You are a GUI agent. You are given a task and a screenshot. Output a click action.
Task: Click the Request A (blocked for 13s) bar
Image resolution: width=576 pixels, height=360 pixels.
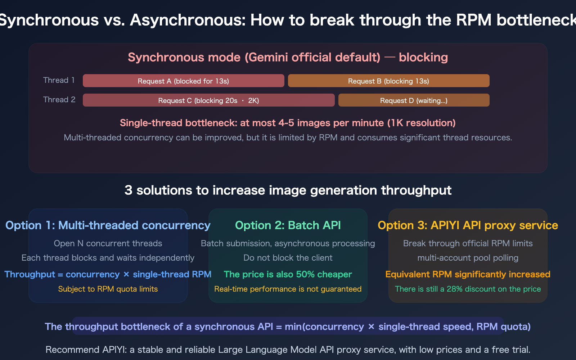183,81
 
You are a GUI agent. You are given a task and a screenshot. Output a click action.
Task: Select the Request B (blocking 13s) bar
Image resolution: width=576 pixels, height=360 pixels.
388,81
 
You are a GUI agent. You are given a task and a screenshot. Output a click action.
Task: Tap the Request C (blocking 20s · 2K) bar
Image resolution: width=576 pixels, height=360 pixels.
208,100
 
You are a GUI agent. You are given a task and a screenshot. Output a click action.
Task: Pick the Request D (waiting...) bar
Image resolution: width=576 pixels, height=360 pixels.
414,100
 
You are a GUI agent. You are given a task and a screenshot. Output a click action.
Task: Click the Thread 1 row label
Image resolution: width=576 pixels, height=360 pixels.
59,80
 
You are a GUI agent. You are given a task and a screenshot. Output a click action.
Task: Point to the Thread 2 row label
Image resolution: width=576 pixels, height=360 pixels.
59,100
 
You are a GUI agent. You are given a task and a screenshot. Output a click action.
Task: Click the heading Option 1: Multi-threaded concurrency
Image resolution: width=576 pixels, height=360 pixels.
108,225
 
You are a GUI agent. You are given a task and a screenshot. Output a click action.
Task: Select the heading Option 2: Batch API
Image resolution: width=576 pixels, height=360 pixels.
288,225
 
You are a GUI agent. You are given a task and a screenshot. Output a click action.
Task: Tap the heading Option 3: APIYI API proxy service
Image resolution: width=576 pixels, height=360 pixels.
468,225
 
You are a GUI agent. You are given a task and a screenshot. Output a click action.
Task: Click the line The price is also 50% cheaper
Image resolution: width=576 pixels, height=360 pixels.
288,274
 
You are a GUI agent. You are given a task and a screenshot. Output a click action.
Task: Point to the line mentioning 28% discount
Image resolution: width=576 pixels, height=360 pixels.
468,289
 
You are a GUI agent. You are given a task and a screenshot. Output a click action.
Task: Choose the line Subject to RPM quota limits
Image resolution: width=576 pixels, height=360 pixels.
108,289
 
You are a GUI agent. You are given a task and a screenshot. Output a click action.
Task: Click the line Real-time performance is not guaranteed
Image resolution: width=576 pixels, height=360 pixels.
288,289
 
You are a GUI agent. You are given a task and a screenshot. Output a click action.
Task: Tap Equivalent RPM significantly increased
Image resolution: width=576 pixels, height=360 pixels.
468,274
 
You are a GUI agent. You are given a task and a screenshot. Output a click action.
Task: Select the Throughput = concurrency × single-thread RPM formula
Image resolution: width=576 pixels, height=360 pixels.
108,274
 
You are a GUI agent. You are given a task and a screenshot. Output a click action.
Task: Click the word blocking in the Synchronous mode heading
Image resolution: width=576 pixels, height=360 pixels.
423,58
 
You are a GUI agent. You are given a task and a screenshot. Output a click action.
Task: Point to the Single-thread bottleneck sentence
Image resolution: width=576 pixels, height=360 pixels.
288,123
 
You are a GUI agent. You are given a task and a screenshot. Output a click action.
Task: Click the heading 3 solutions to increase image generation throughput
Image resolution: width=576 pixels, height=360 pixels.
288,190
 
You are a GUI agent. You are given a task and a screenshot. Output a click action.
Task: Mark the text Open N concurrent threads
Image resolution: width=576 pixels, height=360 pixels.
108,243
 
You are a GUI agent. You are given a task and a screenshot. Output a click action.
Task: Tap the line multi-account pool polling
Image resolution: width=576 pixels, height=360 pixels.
468,258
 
